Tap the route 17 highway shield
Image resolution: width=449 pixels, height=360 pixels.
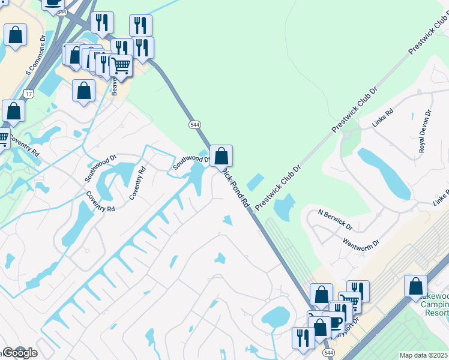28,94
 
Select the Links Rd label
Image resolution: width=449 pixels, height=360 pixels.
382,118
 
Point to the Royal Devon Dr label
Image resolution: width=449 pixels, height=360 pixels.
424,131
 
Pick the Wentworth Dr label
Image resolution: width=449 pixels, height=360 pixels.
361,245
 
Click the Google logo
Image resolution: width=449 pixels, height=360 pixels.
19,353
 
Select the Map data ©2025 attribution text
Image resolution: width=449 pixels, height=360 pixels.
423,355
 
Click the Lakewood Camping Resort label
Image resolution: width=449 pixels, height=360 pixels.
435,305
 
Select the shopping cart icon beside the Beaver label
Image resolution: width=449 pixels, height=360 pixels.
121,65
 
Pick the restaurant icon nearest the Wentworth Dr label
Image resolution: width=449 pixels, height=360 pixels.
358,291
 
